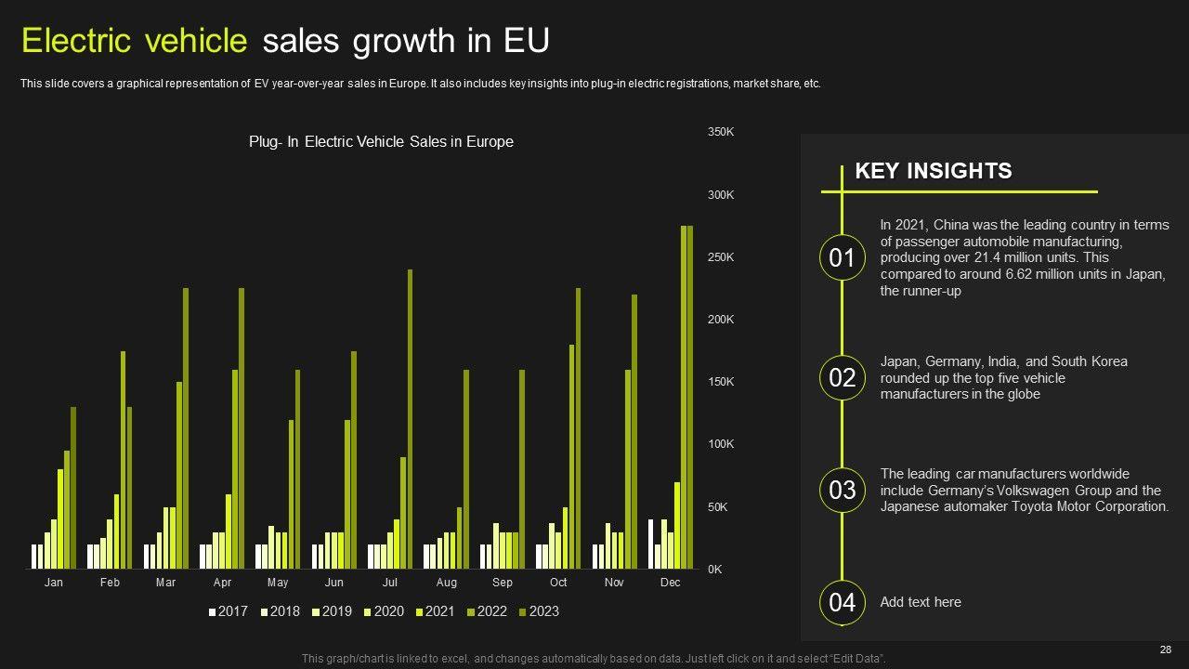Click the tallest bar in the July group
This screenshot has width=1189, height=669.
410,418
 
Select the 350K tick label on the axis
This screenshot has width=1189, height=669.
721,132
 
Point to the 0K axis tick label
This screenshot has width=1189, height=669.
715,570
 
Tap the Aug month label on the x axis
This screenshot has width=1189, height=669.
446,583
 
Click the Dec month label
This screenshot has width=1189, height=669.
670,583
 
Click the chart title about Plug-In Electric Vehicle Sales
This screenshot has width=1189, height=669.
381,142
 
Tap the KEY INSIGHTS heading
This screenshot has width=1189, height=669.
933,171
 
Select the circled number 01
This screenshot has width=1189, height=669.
842,257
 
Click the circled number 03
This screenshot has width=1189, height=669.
842,490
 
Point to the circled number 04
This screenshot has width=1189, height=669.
842,602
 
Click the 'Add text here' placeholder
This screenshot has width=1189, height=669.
921,602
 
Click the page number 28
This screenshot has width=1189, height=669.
1166,649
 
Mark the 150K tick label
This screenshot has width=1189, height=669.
721,382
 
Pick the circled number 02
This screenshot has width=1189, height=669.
842,378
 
